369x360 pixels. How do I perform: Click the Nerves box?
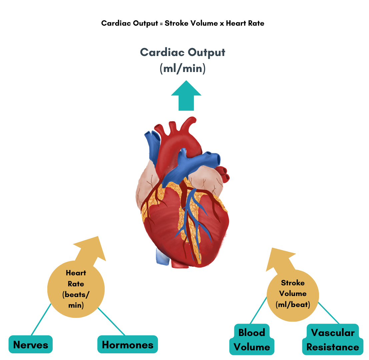click(x=31, y=345)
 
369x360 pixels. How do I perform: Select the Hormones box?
click(x=127, y=345)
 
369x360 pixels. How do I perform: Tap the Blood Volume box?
click(x=252, y=340)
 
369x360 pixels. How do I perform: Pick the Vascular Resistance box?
click(x=333, y=340)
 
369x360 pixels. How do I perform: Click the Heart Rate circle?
click(x=76, y=289)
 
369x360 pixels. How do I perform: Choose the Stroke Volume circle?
click(x=293, y=293)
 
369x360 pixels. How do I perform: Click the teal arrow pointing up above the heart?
click(x=186, y=96)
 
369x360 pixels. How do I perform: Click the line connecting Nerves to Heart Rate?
click(x=41, y=319)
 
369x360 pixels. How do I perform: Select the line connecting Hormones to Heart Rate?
click(x=111, y=321)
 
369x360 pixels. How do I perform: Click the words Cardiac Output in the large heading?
click(x=183, y=52)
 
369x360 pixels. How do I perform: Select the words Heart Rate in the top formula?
click(x=245, y=24)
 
